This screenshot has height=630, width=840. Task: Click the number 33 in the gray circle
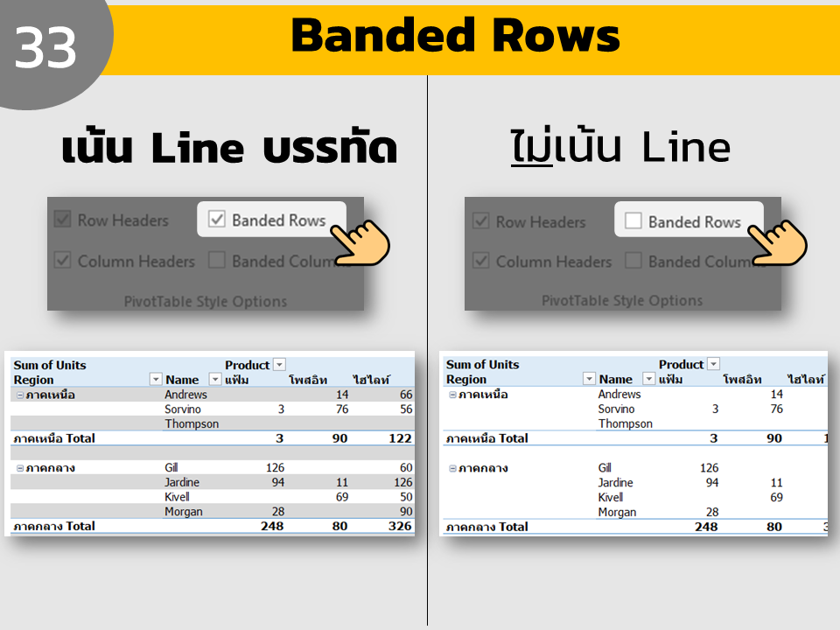45,48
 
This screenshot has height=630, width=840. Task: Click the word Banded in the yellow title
383,35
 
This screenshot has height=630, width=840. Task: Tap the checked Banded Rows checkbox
217,219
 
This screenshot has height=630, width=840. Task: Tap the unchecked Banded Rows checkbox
633,220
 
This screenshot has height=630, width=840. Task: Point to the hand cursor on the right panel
777,242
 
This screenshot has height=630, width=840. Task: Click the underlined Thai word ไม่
531,146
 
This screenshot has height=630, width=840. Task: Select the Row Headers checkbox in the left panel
63,219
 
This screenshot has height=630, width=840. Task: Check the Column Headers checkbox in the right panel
481,261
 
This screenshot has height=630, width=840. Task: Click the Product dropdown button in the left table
280,365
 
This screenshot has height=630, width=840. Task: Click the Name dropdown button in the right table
648,379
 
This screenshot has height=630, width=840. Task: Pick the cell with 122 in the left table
400,438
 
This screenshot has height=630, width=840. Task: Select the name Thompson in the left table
192,423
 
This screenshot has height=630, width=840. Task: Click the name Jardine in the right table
615,483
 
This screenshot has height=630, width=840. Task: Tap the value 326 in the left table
400,526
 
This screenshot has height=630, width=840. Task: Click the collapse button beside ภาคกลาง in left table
20,468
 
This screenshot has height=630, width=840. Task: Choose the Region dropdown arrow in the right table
589,379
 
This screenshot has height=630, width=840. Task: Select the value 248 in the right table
706,527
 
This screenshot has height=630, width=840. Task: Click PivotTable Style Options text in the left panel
206,302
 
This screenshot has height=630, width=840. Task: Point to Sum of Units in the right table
483,364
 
